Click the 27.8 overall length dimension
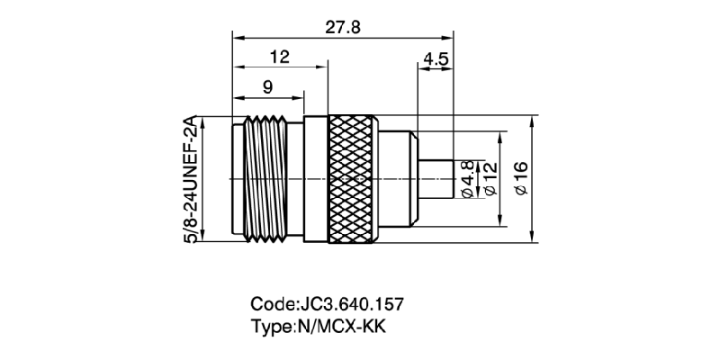[x=342, y=26]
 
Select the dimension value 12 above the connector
[x=279, y=57]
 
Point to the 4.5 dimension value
[x=436, y=58]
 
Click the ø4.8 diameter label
[x=466, y=179]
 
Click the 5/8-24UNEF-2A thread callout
[x=191, y=178]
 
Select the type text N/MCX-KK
[x=343, y=326]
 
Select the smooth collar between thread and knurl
[x=315, y=180]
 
